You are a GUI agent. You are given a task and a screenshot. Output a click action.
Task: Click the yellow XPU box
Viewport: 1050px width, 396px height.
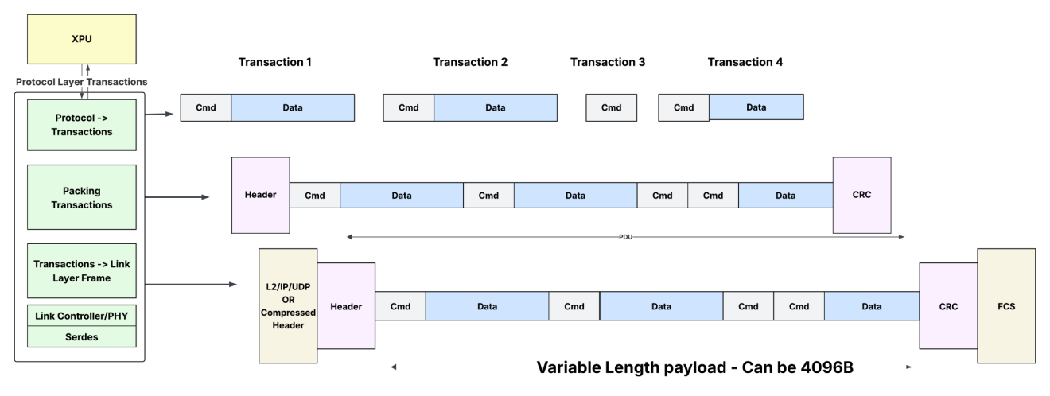[x=82, y=39]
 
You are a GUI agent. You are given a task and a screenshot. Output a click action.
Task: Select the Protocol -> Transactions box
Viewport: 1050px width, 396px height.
[x=82, y=125]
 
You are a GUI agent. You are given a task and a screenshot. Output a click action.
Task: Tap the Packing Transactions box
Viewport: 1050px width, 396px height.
[x=82, y=197]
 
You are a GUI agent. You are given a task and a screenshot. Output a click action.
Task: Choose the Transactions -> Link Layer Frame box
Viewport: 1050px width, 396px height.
[x=82, y=271]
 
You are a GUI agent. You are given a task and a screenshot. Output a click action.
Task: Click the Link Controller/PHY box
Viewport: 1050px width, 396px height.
[x=82, y=316]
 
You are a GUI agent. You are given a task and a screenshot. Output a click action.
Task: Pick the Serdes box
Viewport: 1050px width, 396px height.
[x=82, y=337]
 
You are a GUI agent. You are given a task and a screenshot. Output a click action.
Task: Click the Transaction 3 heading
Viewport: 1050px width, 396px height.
[x=608, y=62]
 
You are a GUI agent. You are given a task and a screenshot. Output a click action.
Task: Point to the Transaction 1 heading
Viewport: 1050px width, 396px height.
[x=274, y=62]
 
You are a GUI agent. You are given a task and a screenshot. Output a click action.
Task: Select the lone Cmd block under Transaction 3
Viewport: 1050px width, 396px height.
[x=611, y=108]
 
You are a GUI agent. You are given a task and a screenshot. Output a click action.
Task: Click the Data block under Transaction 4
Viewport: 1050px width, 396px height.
[x=756, y=107]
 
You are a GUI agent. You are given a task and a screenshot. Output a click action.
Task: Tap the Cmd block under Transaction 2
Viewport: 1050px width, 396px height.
[x=408, y=108]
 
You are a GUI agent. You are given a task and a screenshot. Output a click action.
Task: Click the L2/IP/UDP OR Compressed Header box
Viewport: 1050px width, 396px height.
[x=288, y=305]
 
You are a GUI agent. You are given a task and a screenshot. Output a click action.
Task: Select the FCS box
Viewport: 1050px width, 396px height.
[x=1006, y=305]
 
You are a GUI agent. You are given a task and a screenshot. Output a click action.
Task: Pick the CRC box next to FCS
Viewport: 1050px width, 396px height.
[x=948, y=306]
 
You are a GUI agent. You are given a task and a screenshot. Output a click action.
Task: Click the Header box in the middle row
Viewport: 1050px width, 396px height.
[x=261, y=195]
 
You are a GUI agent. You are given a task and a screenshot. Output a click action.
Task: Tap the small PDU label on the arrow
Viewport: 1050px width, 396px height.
[x=625, y=237]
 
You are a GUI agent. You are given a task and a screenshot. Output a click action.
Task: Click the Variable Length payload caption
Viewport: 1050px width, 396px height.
[x=694, y=367]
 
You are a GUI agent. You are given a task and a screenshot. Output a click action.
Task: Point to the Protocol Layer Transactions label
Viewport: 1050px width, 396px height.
[x=82, y=82]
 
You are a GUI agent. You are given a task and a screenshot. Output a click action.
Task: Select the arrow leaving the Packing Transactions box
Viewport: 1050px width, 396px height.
[x=177, y=197]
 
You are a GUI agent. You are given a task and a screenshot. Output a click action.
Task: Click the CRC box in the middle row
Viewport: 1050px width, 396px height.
[x=861, y=195]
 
